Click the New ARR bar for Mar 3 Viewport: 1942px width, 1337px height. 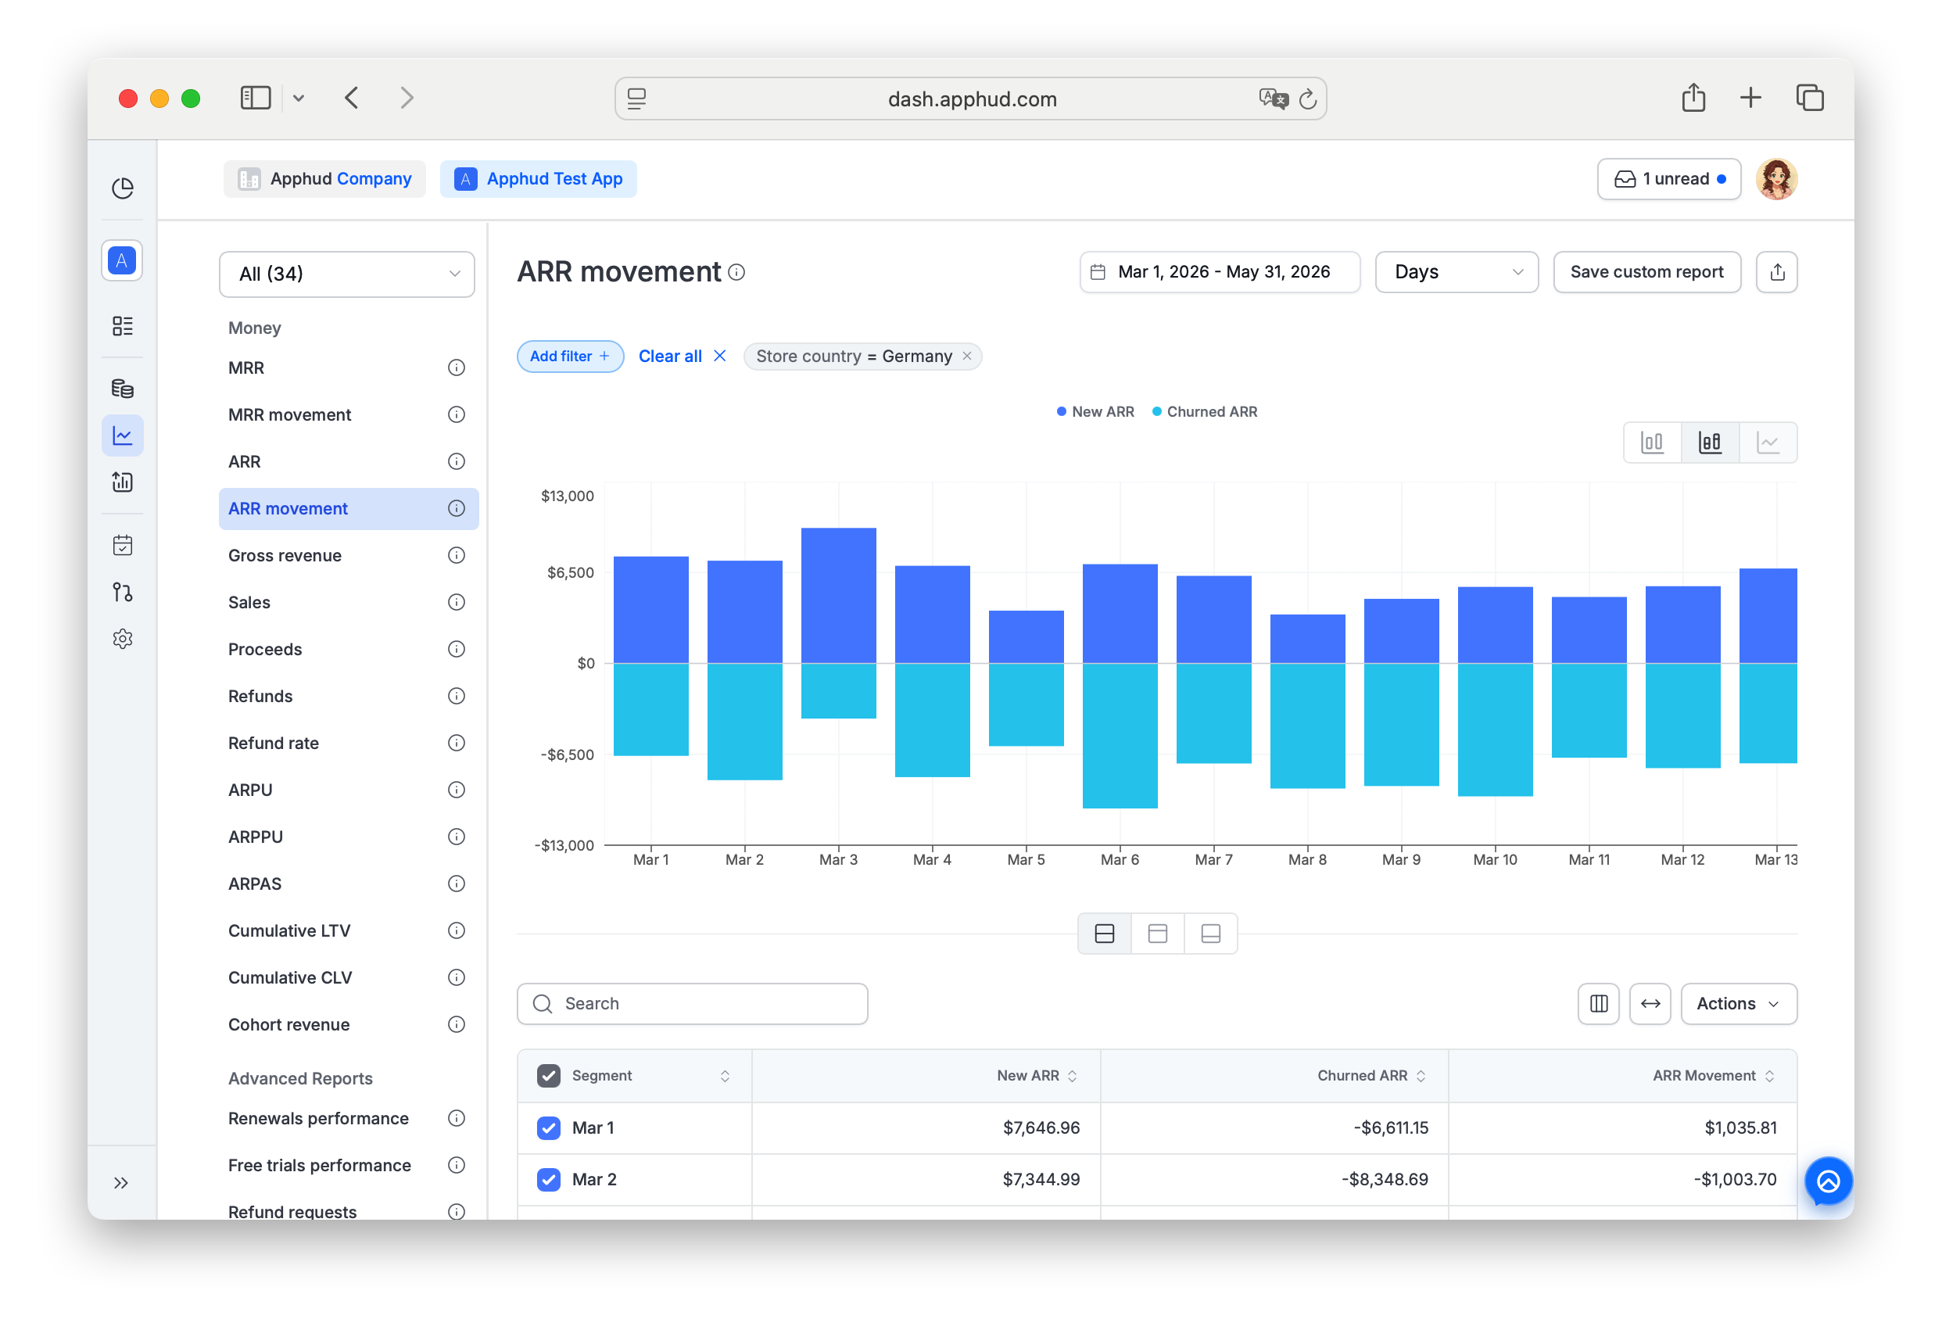pos(838,596)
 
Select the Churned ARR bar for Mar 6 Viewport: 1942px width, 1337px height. pos(1120,736)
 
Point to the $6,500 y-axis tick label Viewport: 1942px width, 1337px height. pos(570,573)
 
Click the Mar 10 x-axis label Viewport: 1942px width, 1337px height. pos(1495,859)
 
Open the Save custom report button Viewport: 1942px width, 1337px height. pos(1646,272)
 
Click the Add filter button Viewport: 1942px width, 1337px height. pos(569,356)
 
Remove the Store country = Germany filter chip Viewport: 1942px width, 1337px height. pos(967,356)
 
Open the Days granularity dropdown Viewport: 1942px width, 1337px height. pos(1456,272)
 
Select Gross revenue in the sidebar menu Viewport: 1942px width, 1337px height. pos(285,555)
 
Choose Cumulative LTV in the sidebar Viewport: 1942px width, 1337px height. pos(289,930)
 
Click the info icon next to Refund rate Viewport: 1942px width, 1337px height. pos(457,743)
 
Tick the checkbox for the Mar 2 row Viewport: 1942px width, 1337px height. pos(549,1180)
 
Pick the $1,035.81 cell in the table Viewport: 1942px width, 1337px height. pos(1740,1127)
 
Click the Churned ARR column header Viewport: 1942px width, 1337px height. pos(1362,1076)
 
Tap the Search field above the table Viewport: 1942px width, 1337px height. pos(692,1004)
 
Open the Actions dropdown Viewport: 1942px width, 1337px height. pos(1738,1004)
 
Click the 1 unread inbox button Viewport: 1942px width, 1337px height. pos(1668,179)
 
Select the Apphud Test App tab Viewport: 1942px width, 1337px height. pos(539,179)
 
